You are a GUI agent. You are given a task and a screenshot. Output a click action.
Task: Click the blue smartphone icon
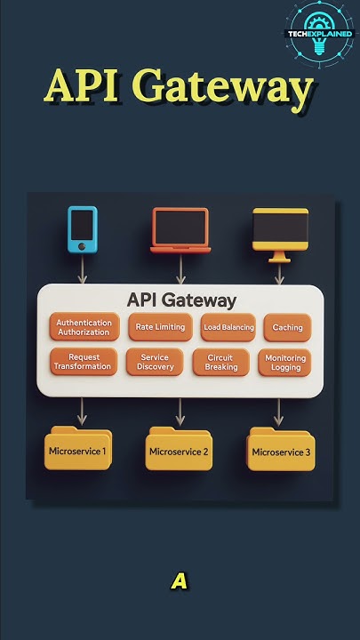(83, 229)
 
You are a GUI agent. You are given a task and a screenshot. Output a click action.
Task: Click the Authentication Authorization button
(84, 327)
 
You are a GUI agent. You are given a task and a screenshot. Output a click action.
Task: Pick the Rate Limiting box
(160, 327)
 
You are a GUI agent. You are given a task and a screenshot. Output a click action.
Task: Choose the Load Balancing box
(228, 327)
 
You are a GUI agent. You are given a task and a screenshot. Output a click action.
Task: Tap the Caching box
(287, 327)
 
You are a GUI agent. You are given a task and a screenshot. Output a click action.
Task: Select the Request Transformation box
(83, 362)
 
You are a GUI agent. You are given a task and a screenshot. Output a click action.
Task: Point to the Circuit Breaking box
(221, 362)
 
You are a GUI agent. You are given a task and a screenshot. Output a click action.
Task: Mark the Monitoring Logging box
(287, 362)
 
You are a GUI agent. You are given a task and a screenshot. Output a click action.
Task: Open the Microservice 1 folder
(78, 450)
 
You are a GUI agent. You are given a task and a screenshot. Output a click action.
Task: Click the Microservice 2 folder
(179, 450)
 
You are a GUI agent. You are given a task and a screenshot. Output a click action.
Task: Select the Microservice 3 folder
(282, 450)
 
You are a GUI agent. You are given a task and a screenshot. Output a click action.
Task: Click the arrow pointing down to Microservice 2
(180, 411)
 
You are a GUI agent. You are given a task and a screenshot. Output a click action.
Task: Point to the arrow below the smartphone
(83, 268)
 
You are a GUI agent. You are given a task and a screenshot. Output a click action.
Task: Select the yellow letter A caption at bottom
(180, 582)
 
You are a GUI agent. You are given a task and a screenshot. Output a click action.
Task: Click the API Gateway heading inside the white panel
(181, 300)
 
